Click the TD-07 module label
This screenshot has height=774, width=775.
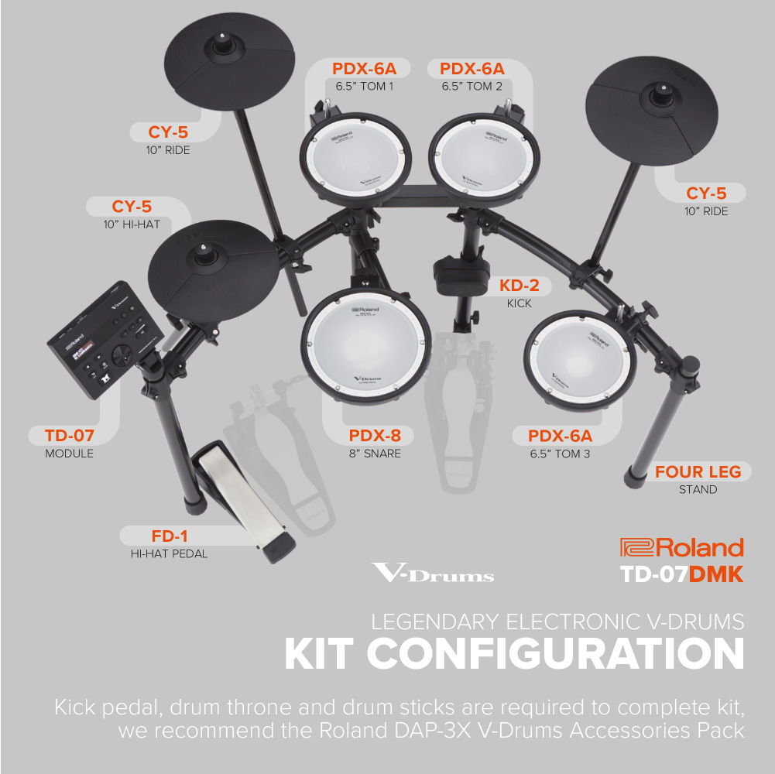(69, 436)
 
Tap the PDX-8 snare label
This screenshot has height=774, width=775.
(375, 436)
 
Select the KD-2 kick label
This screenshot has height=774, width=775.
(519, 285)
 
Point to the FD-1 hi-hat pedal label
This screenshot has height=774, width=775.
(169, 536)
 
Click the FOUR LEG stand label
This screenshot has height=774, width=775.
(698, 471)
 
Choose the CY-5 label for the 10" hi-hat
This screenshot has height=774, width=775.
(132, 206)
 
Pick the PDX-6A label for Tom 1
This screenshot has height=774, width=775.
(364, 68)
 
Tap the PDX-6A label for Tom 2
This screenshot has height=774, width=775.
(472, 68)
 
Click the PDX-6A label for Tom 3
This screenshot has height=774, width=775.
(560, 436)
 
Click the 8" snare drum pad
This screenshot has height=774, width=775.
(365, 346)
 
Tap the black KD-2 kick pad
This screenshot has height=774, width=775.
(461, 276)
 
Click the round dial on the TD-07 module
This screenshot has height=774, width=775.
(122, 354)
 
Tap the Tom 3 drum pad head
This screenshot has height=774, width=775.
(580, 360)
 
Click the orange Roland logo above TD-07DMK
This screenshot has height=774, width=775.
(682, 548)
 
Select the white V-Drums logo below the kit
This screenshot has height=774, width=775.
(433, 574)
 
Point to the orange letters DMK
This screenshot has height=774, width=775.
(716, 574)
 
